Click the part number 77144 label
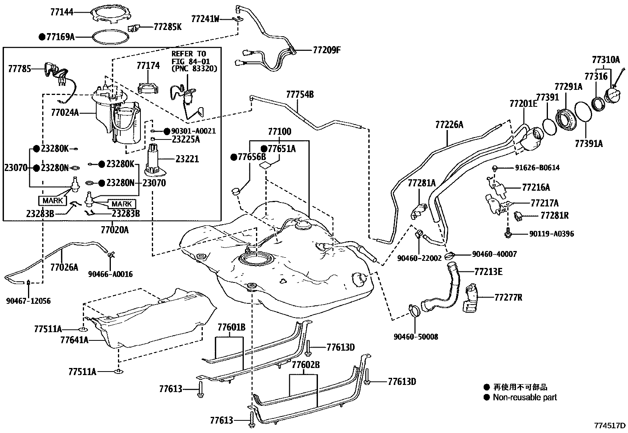point(62,12)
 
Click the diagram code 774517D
point(610,426)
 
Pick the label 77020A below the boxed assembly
point(114,229)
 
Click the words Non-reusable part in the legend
point(525,398)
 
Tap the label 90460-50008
point(415,337)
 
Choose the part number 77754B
point(300,95)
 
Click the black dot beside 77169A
point(42,37)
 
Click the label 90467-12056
point(28,301)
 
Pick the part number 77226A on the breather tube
point(449,125)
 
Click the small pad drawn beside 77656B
point(236,191)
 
